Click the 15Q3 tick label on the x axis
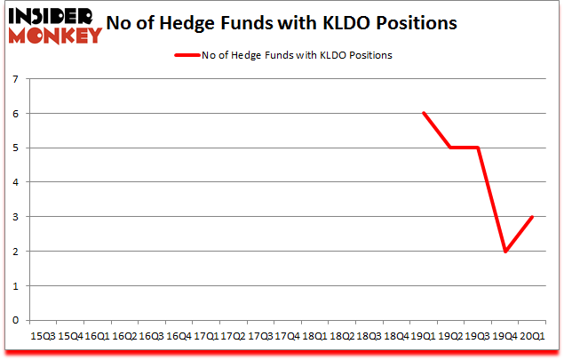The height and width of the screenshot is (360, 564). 43,336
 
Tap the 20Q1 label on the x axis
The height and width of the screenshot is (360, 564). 532,336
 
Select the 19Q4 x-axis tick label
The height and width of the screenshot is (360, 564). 505,336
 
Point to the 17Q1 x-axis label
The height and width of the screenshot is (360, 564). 206,336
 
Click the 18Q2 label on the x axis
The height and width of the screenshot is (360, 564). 342,336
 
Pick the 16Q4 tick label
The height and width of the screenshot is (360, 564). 179,336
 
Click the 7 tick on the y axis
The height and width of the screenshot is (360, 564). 16,79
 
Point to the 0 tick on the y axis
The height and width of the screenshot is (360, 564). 16,320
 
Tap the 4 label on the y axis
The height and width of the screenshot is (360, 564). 16,182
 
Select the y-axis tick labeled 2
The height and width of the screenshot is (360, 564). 16,252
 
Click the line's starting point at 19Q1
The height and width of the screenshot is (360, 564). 424,113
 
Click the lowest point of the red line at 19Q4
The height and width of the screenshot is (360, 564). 505,252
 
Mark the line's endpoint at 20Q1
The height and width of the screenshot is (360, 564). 532,217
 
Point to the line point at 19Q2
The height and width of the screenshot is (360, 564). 451,148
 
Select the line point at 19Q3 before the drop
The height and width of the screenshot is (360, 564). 478,148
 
